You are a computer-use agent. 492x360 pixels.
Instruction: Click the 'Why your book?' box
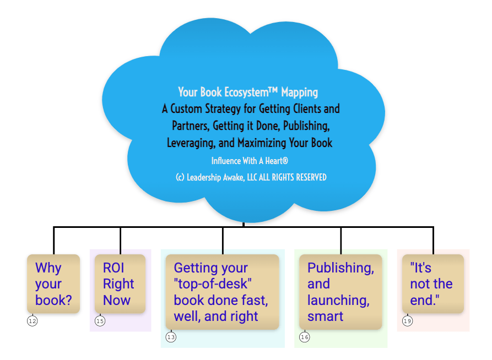(53, 283)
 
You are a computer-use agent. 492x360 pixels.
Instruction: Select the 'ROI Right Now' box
(120, 283)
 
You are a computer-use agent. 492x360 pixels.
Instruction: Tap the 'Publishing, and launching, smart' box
(340, 292)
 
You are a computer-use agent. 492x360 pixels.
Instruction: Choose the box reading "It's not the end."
(432, 283)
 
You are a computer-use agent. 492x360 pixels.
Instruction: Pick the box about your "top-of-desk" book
(222, 292)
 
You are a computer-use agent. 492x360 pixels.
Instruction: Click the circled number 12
(32, 321)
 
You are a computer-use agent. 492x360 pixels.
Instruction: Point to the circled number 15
(100, 321)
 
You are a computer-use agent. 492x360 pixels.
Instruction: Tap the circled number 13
(171, 337)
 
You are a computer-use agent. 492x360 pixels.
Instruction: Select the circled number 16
(305, 337)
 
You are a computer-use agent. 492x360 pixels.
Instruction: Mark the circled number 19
(407, 321)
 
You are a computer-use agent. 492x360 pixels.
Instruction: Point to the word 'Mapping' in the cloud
(300, 92)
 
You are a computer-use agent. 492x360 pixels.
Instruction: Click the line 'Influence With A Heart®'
(250, 161)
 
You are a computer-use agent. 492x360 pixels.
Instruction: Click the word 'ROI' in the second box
(113, 268)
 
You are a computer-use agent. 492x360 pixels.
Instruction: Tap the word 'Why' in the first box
(48, 268)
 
